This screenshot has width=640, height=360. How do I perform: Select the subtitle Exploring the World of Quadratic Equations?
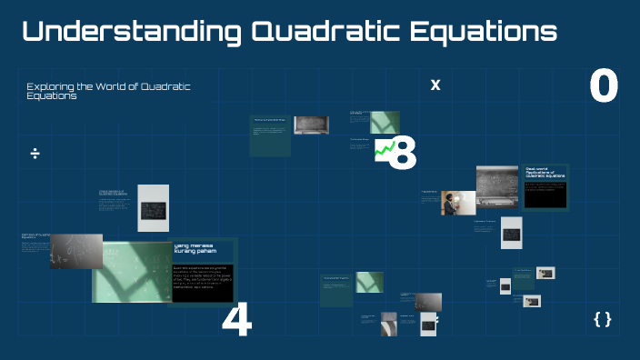coord(108,90)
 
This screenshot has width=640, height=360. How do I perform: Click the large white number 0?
coord(604,87)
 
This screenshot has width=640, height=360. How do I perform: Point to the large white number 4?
coord(236,321)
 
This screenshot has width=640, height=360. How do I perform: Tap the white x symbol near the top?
coord(435,85)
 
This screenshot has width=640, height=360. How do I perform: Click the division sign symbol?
coord(35,153)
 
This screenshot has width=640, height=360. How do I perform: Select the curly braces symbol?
coord(602,319)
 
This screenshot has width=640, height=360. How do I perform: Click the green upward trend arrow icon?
coord(385,149)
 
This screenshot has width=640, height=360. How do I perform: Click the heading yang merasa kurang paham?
coord(197,249)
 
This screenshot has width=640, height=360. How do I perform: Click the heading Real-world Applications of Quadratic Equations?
coord(545,172)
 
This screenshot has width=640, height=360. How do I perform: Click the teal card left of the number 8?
coord(271,134)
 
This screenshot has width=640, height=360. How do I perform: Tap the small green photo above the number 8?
coord(384,123)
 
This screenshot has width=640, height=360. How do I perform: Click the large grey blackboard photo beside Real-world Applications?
coord(496,185)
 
